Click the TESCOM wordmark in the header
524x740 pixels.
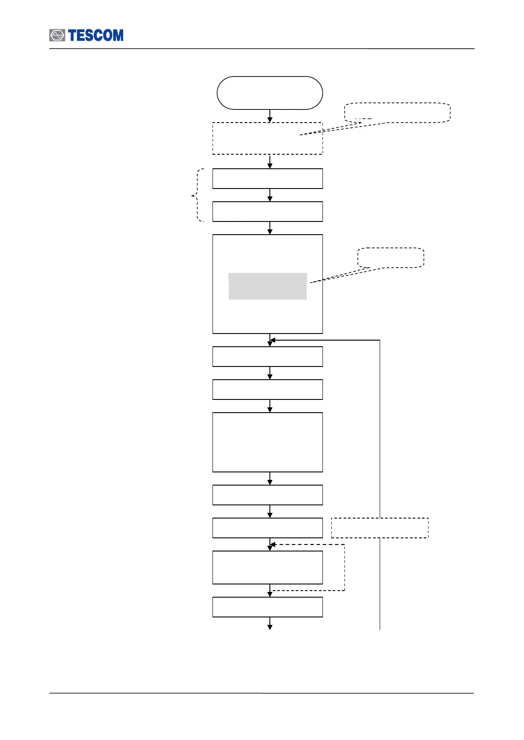pos(96,36)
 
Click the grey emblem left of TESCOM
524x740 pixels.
pos(57,36)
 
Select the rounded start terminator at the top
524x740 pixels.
pos(270,93)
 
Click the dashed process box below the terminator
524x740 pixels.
pos(267,138)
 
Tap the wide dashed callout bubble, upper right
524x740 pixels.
pos(397,112)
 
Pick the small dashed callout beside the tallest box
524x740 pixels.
pos(391,258)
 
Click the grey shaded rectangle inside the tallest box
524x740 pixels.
pos(267,286)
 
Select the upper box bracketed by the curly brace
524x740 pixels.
pos(267,178)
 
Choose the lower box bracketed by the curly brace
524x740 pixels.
pos(267,211)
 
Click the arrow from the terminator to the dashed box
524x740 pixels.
pos(270,116)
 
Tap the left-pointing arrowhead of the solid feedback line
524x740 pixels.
pos(273,340)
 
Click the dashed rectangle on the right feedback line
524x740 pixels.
pos(380,528)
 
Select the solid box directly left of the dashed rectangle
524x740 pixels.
pos(267,528)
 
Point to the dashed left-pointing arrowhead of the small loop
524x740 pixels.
pos(273,545)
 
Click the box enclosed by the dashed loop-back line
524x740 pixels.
pos(267,567)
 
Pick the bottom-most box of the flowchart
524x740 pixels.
pos(267,607)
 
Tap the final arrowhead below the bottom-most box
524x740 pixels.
pos(270,627)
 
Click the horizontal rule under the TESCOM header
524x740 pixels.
pos(262,49)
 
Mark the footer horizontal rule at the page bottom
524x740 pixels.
pos(262,693)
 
